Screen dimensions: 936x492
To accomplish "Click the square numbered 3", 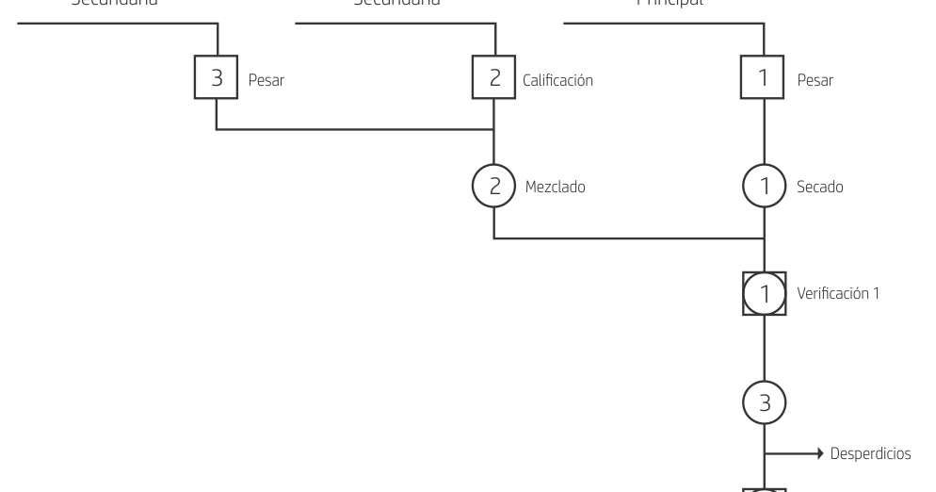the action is point(218,79).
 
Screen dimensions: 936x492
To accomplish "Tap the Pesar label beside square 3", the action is point(266,81).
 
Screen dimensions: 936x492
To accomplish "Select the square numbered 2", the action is point(494,79).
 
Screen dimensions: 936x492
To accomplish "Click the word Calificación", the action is point(558,81).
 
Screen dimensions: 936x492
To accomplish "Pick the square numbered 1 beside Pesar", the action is point(764,79).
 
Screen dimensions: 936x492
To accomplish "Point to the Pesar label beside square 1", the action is point(815,81).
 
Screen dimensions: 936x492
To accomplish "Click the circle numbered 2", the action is point(494,187).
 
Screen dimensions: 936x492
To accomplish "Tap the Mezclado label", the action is point(556,188).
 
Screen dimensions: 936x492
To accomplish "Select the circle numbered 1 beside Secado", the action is point(764,187).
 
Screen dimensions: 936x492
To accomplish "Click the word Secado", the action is point(820,188).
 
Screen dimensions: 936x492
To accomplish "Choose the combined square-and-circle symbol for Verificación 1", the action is point(764,294).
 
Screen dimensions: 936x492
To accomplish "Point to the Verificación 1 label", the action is point(838,293).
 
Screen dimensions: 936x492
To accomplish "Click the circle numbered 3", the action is point(764,402).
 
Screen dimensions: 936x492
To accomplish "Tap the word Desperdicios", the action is point(871,454).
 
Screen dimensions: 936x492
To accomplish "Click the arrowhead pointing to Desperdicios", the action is point(821,454).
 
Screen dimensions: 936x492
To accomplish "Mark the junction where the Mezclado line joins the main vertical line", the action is point(764,238).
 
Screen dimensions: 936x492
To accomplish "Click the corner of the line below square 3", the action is point(218,129).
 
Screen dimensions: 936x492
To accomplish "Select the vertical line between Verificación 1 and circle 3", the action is point(764,349).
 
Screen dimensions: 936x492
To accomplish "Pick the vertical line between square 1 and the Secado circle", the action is point(764,133).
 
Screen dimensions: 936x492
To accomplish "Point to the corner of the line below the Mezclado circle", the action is point(494,238).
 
